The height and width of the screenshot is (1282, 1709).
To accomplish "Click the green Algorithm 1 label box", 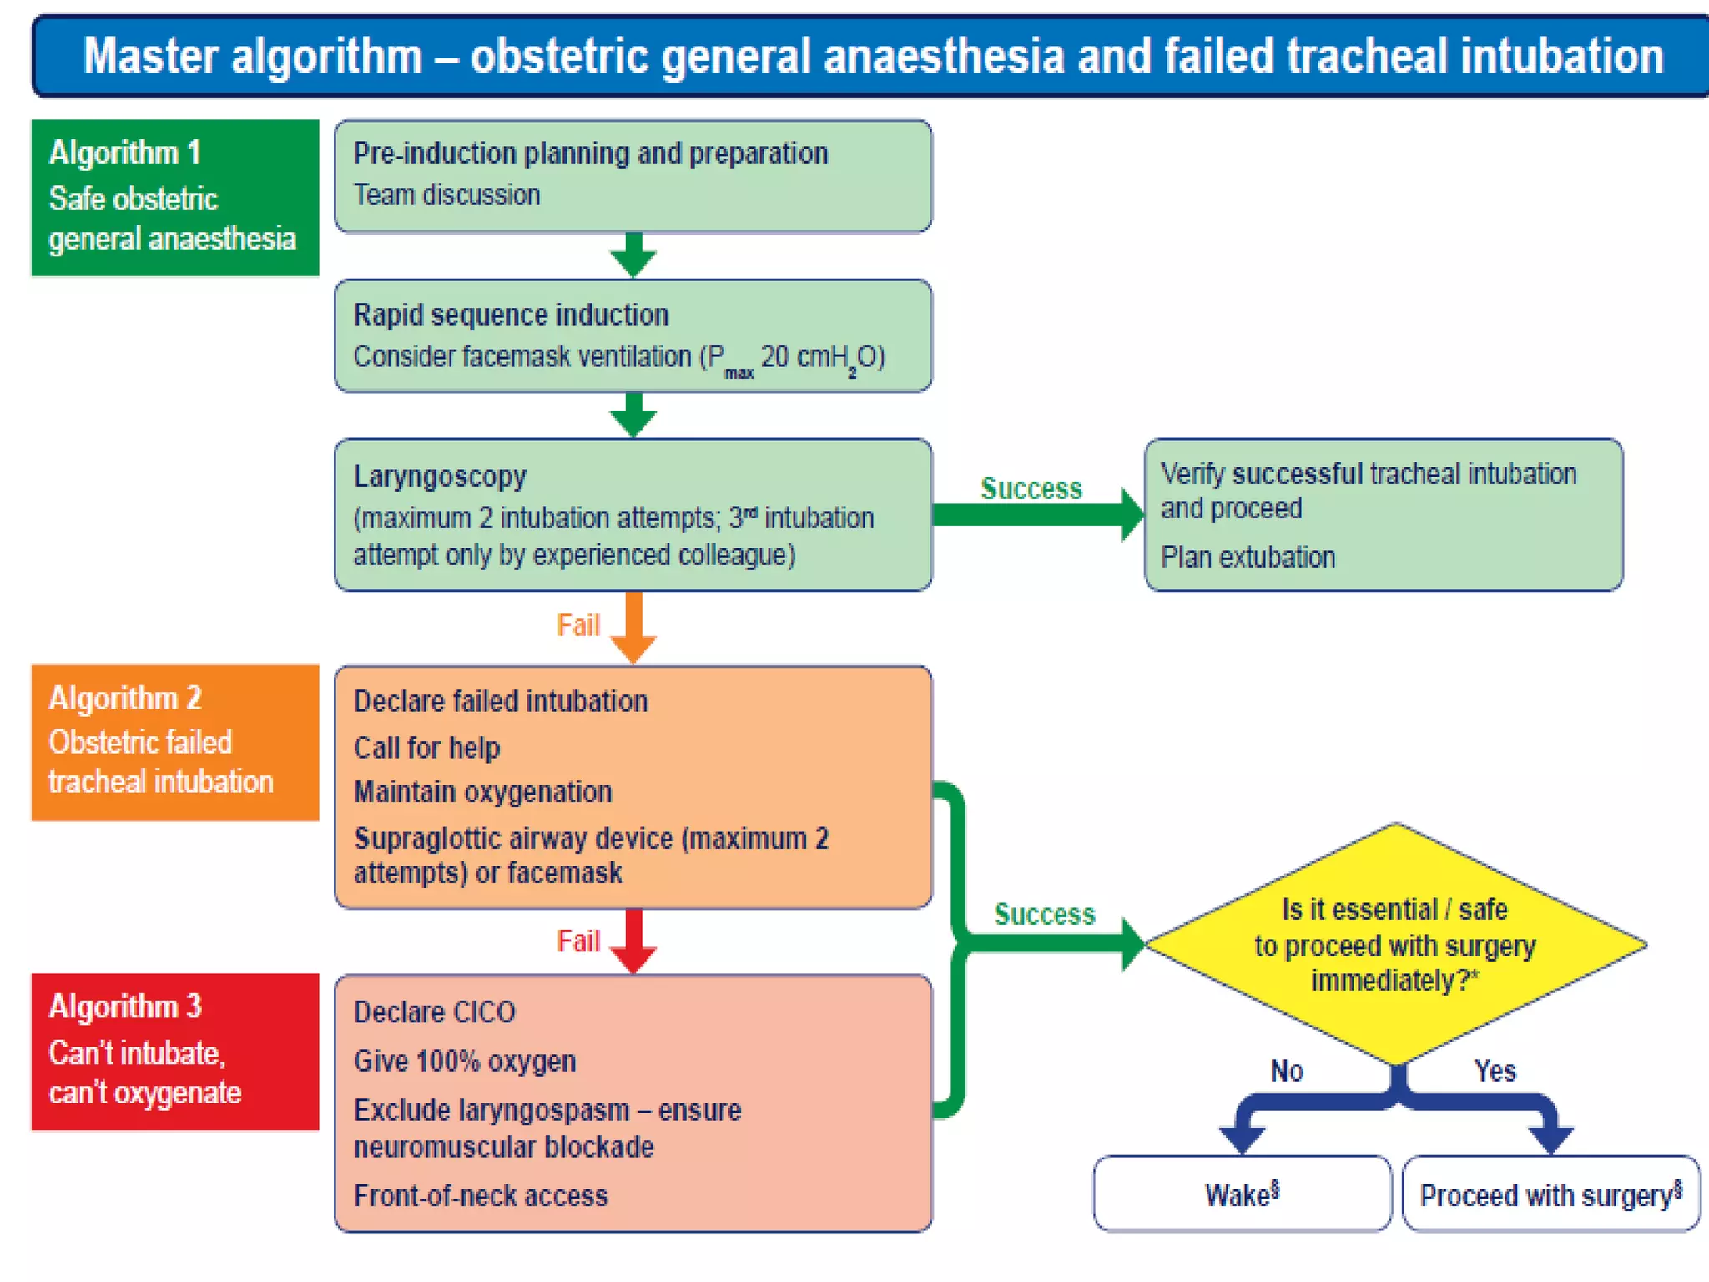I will [x=174, y=198].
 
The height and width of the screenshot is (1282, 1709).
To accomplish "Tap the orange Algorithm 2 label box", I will [x=174, y=742].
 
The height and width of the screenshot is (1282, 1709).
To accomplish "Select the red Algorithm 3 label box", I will [x=174, y=1051].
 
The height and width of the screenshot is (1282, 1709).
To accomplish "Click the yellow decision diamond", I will [x=1395, y=945].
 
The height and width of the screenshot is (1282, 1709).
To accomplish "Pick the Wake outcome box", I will [x=1242, y=1194].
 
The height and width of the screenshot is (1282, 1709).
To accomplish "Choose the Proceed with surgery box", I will [x=1550, y=1194].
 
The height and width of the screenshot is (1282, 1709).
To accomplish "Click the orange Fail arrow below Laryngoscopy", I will [x=633, y=626].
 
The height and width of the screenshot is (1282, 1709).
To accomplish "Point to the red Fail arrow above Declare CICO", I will [x=633, y=940].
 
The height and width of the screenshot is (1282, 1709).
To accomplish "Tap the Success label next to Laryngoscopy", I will [x=1031, y=488].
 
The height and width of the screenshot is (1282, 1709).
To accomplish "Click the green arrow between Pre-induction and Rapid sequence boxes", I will [x=633, y=255].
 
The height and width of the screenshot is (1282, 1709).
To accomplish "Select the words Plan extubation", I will [x=1248, y=557].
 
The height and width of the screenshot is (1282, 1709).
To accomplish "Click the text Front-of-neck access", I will [x=481, y=1195].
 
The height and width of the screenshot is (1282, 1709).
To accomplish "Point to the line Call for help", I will [x=426, y=747].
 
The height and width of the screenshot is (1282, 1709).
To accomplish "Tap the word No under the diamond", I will [x=1286, y=1070].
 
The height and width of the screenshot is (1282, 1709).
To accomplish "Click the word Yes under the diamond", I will [x=1495, y=1070].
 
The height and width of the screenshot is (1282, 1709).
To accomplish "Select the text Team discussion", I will [x=446, y=194].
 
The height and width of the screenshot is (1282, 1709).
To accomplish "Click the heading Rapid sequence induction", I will [x=511, y=315].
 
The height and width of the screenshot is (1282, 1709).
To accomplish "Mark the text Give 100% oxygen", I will [x=465, y=1061].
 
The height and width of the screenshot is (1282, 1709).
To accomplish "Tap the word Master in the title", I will [x=149, y=56].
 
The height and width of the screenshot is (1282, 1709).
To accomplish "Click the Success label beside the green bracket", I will [x=1044, y=914].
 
